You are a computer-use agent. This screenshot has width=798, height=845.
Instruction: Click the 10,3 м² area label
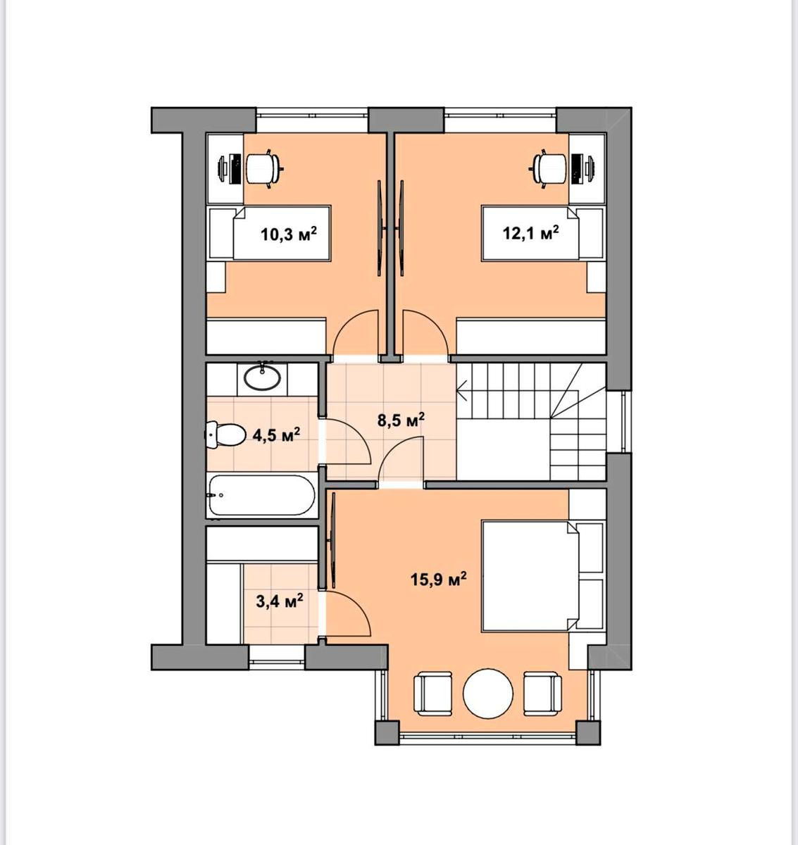[289, 233]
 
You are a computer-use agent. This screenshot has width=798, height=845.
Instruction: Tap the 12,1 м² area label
[530, 232]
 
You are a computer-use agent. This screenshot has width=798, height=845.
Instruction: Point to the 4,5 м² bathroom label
[276, 434]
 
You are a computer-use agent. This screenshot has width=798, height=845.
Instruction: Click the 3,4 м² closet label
[280, 601]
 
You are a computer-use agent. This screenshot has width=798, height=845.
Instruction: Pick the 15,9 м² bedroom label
[438, 580]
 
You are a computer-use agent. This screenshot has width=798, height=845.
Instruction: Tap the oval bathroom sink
[262, 376]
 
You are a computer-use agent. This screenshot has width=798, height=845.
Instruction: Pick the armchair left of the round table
[433, 694]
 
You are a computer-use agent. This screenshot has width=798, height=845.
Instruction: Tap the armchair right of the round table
[542, 694]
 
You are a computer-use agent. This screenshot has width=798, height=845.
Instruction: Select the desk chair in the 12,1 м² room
[550, 168]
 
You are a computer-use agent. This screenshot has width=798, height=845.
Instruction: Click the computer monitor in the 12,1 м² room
[576, 168]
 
